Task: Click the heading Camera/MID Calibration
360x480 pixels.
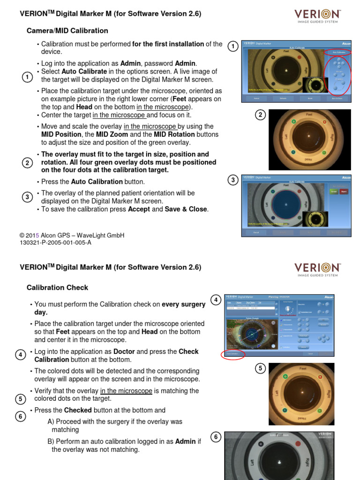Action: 67,31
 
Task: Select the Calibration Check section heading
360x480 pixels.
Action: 57,287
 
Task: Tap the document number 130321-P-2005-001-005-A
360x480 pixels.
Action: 55,242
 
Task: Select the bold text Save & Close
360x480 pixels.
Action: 186,209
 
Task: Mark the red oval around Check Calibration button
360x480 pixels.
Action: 232,354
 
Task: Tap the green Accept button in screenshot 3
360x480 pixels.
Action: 334,191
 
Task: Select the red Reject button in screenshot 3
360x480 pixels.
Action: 344,191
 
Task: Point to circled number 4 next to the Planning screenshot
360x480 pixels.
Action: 216,300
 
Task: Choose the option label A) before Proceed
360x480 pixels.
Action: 51,421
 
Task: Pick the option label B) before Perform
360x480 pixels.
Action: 51,441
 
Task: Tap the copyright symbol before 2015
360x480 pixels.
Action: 22,235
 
